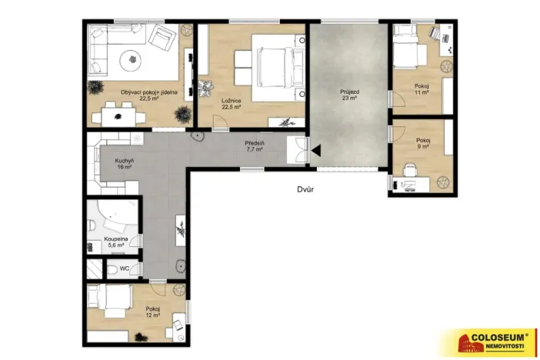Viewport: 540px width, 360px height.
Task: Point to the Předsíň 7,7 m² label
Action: point(254,146)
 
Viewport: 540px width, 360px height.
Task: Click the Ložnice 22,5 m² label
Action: point(230,104)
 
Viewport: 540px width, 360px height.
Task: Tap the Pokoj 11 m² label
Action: point(420,88)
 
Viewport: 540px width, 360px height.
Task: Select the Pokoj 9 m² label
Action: point(422,144)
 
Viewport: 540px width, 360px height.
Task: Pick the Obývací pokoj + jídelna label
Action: point(144,95)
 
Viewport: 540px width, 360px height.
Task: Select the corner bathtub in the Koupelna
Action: point(115,218)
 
